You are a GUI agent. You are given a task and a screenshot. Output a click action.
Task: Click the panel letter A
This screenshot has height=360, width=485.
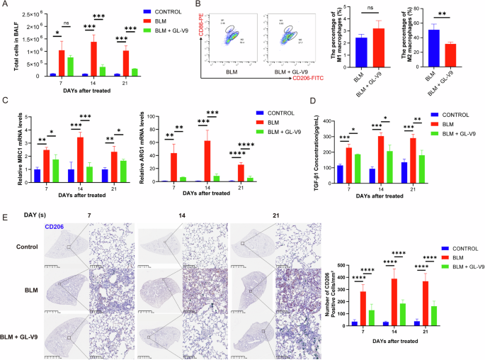click(4, 6)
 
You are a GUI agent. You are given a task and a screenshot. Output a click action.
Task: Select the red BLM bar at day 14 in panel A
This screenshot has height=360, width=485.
click(93, 59)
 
